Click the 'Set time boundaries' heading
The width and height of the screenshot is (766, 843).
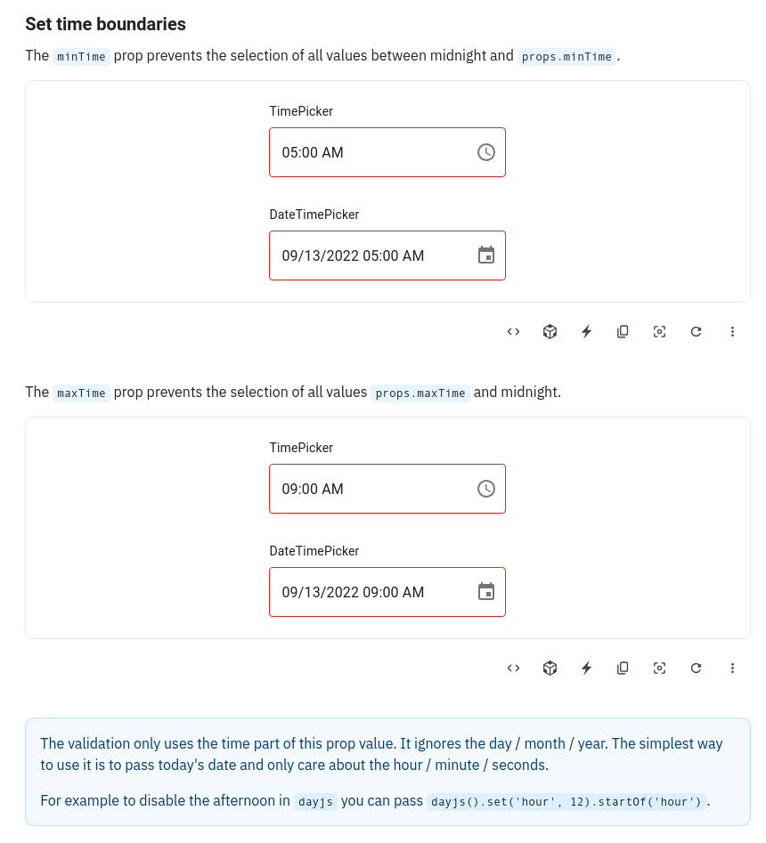[105, 24]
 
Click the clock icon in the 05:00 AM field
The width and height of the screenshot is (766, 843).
[485, 152]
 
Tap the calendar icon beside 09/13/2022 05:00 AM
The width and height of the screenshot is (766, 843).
[485, 255]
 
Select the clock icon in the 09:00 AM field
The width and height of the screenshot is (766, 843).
[485, 489]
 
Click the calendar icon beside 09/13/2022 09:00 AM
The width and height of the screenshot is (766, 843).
[485, 592]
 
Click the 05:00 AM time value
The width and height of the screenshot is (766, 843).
[313, 152]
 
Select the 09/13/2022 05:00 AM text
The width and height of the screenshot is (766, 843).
[353, 255]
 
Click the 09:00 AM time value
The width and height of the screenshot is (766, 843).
[313, 489]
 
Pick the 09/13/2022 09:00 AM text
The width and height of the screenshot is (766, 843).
[353, 592]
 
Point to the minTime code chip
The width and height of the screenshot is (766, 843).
[81, 56]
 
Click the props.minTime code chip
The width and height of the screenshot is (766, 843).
[567, 56]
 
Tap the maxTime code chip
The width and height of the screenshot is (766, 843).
[81, 393]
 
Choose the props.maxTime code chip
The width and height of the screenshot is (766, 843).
[420, 393]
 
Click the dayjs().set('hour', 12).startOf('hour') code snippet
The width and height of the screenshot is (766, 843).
[567, 800]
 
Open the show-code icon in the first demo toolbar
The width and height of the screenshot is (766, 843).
[513, 332]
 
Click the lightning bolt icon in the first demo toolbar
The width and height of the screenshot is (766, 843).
[586, 332]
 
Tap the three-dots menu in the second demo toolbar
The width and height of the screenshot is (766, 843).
[732, 669]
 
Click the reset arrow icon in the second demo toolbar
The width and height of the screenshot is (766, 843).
[696, 669]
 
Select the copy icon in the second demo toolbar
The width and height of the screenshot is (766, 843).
[623, 669]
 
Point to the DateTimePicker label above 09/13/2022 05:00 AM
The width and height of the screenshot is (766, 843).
[314, 215]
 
